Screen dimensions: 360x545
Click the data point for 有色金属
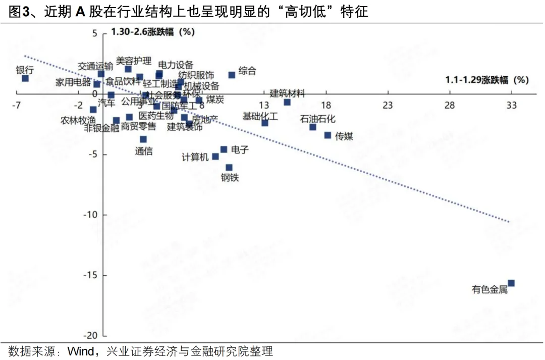click(511, 283)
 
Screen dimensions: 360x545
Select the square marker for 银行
click(25, 78)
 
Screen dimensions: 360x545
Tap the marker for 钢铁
click(229, 167)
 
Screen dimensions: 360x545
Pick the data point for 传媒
click(328, 135)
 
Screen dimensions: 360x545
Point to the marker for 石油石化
click(312, 127)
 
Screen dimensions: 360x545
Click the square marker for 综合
click(232, 75)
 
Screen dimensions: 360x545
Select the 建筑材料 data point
click(287, 102)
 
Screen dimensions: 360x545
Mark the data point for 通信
click(143, 139)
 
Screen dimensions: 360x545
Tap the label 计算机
click(195, 157)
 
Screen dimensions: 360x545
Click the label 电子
click(240, 149)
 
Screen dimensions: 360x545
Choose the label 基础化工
click(260, 117)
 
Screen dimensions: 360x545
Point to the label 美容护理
click(133, 61)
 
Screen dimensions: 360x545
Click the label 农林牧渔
click(78, 121)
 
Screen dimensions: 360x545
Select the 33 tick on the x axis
click(511, 105)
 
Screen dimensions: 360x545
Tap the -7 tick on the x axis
click(17, 105)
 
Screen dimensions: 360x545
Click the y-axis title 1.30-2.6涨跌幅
click(152, 32)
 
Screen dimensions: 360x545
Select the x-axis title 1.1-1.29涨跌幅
click(486, 80)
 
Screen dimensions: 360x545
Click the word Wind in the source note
click(79, 351)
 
